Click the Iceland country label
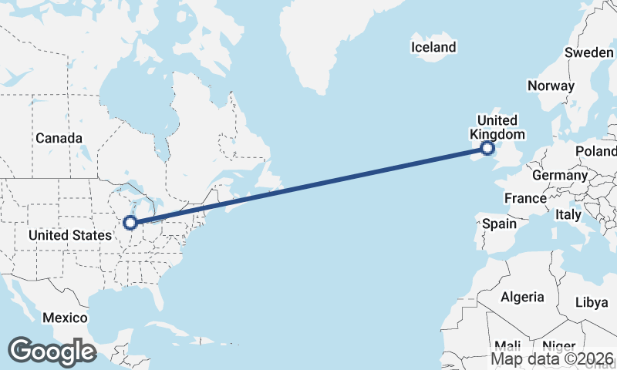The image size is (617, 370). coord(433,47)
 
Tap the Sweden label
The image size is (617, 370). coord(589,52)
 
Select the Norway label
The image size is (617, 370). coord(551,86)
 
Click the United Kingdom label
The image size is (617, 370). coord(497,127)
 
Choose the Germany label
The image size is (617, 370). coord(560,175)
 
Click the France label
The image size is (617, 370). coord(526,198)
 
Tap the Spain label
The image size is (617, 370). coord(498,224)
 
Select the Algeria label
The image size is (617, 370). coord(522,297)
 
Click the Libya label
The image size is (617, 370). coord(592,302)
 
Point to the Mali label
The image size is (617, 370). coord(507,345)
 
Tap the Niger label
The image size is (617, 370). coord(558,345)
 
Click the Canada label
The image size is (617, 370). coord(59,138)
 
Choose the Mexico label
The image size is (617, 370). coord(65,318)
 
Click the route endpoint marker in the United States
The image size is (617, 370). coord(130,223)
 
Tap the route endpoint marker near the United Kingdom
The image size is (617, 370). coord(487,148)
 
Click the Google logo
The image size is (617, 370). coord(52,351)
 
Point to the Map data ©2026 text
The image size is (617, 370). coord(552,358)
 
